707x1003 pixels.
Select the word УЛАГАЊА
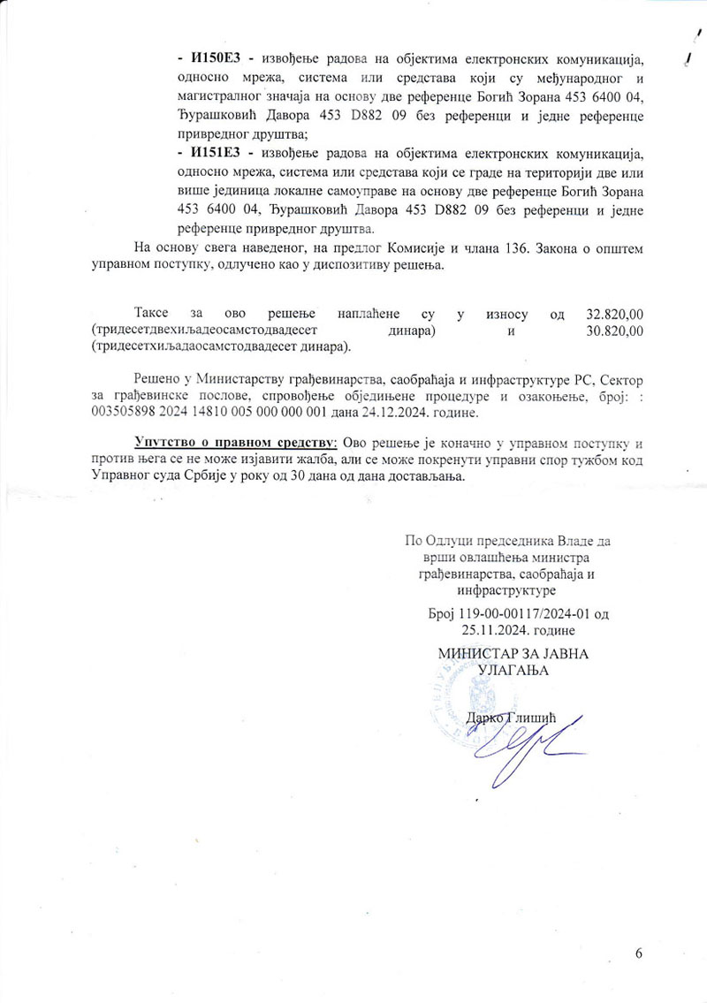pyautogui.click(x=513, y=671)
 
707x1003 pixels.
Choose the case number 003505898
pyautogui.click(x=125, y=414)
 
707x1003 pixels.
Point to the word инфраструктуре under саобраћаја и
pyautogui.click(x=500, y=589)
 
